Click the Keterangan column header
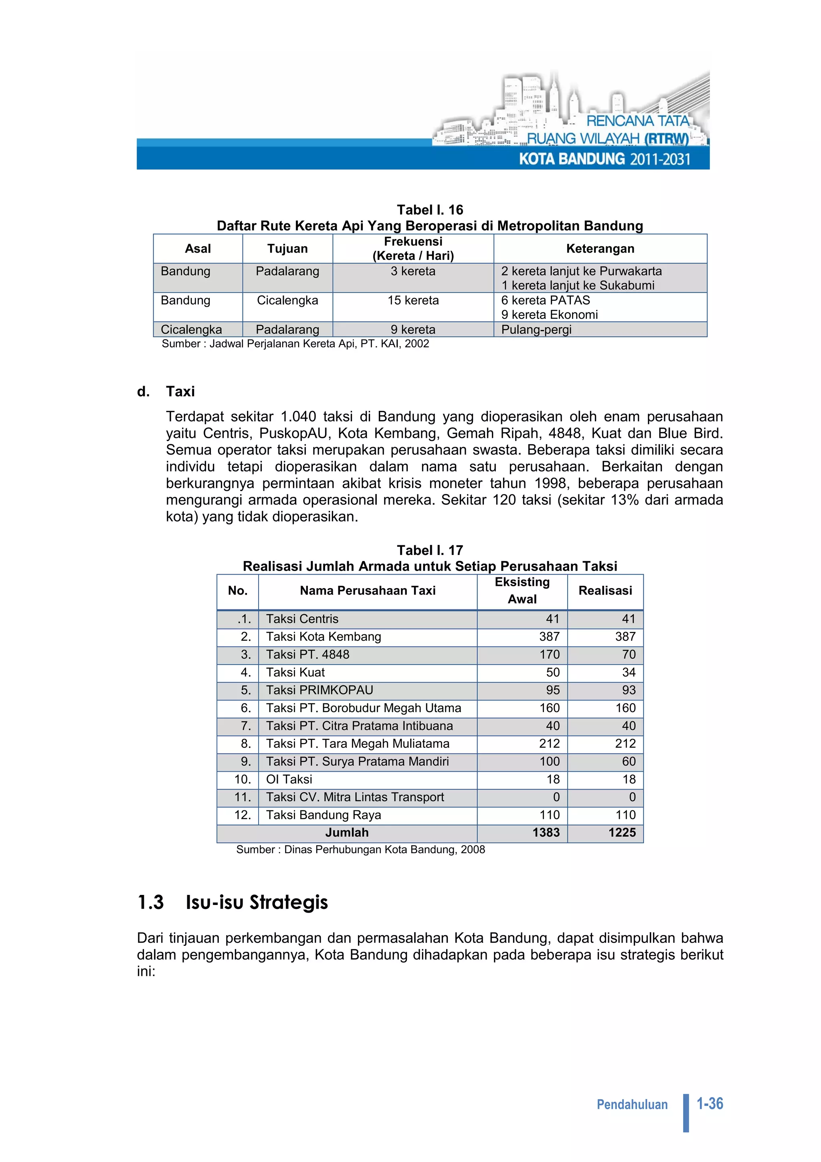[x=600, y=249]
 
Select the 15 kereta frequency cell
[x=413, y=301]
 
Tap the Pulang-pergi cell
[x=536, y=330]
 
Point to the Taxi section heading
[x=180, y=391]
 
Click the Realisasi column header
[x=605, y=591]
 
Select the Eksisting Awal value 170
[x=549, y=654]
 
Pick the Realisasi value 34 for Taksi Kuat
[x=628, y=672]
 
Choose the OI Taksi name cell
[x=289, y=779]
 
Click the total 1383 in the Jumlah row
[x=546, y=832]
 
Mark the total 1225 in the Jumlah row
[x=622, y=832]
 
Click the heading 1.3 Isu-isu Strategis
[x=233, y=902]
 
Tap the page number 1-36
[x=710, y=1104]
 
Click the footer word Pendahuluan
[x=632, y=1104]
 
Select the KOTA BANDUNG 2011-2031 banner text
[x=605, y=160]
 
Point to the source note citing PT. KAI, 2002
[x=295, y=344]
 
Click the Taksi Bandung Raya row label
[x=324, y=815]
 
